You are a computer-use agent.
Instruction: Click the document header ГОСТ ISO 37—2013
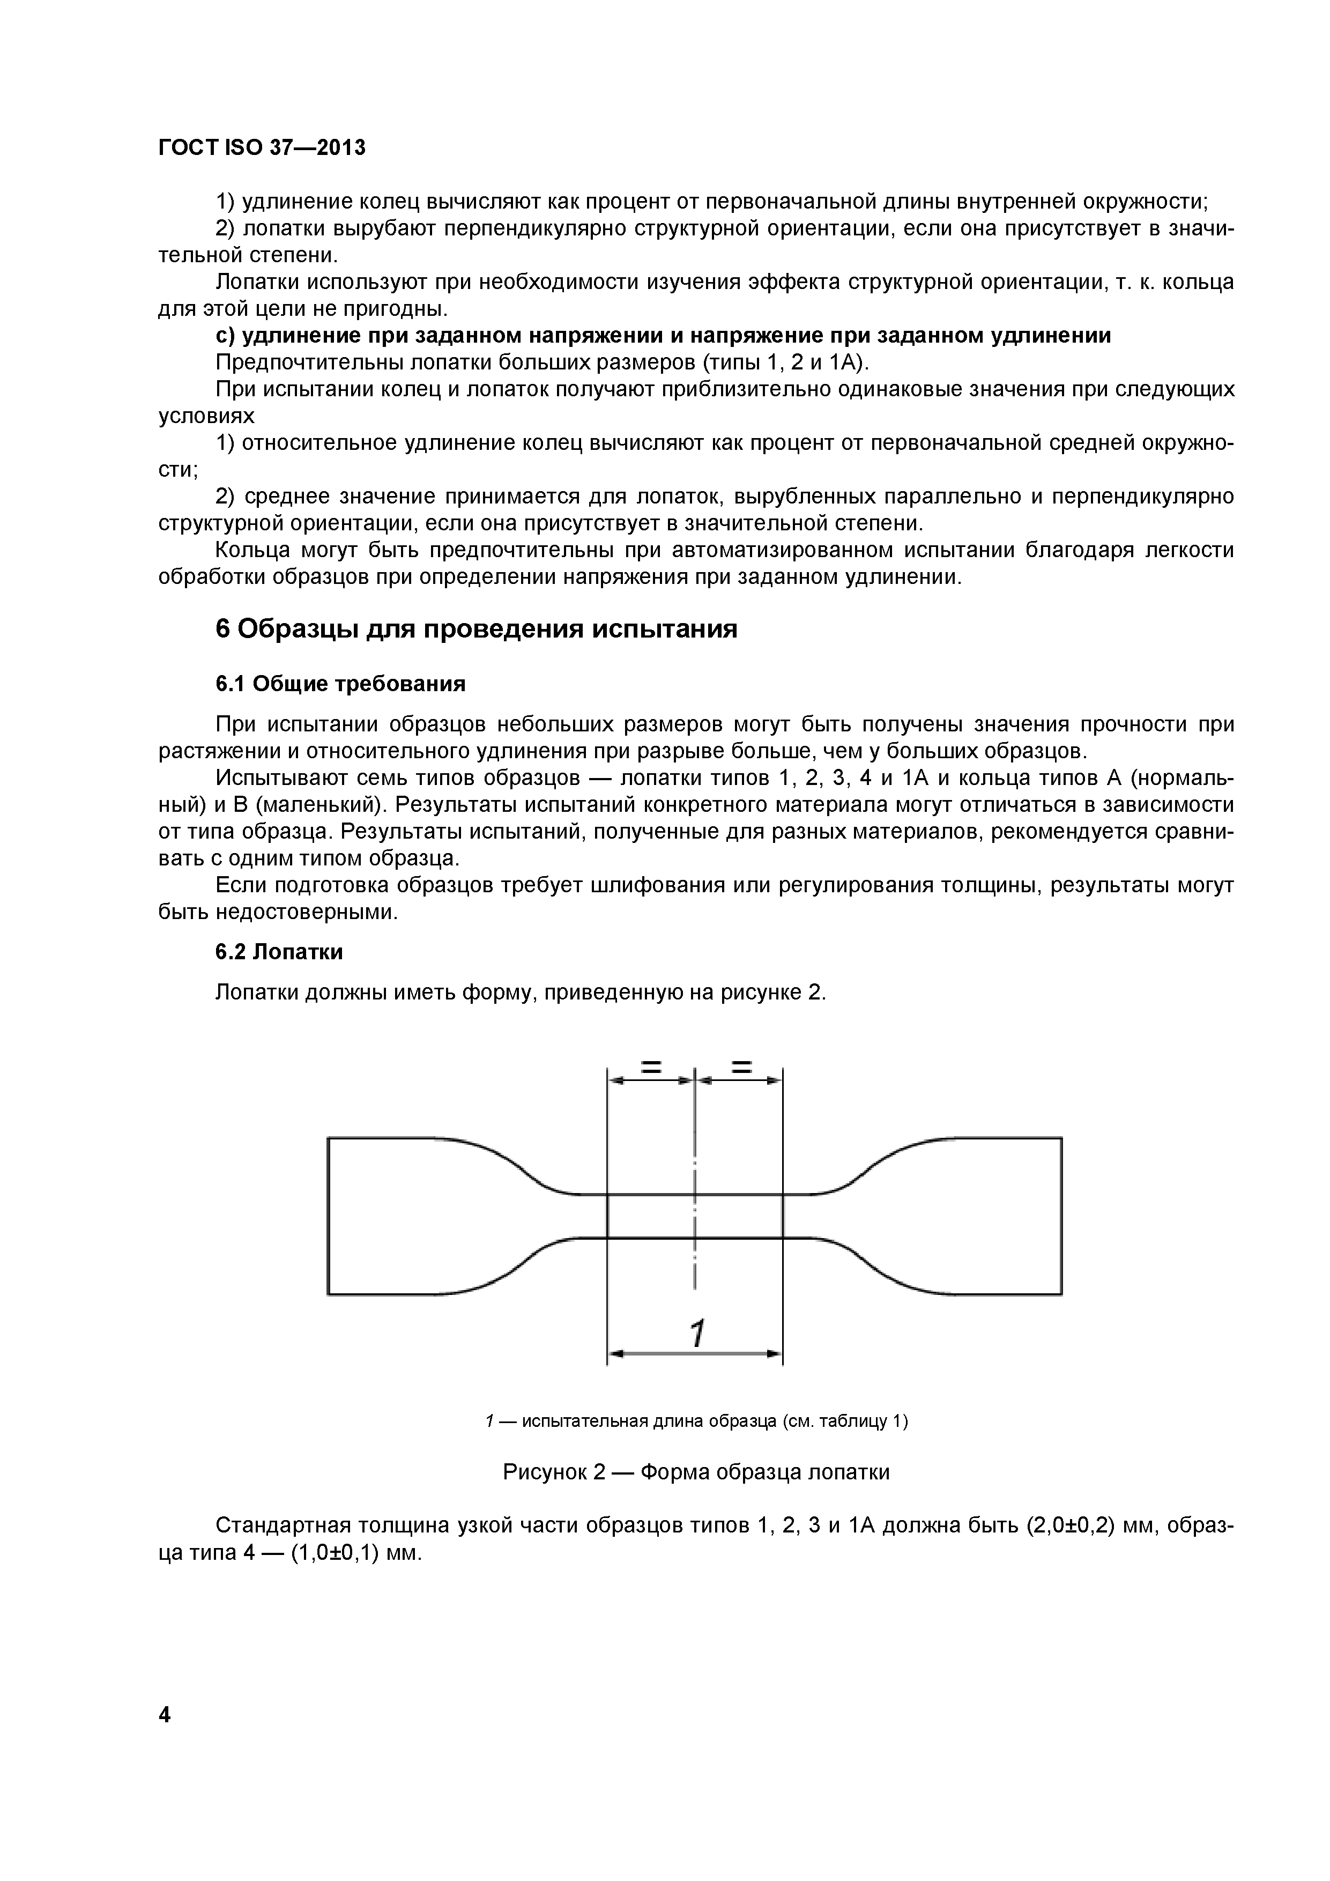click(261, 147)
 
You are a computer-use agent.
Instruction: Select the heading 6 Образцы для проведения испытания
click(476, 628)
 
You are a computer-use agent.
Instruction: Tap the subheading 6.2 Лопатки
click(278, 952)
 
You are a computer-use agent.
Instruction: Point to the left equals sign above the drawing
click(651, 1068)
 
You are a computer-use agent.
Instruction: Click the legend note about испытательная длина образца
click(696, 1420)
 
